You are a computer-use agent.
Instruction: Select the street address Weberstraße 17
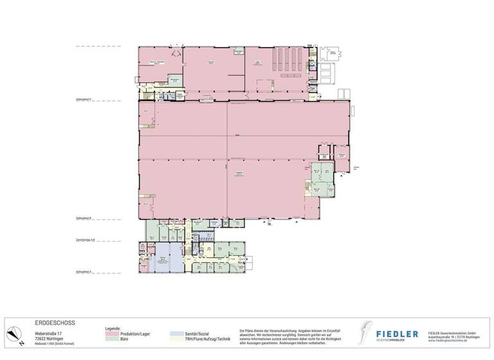click(50, 333)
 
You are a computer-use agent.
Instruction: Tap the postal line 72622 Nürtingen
click(48, 338)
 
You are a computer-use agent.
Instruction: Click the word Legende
click(113, 328)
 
